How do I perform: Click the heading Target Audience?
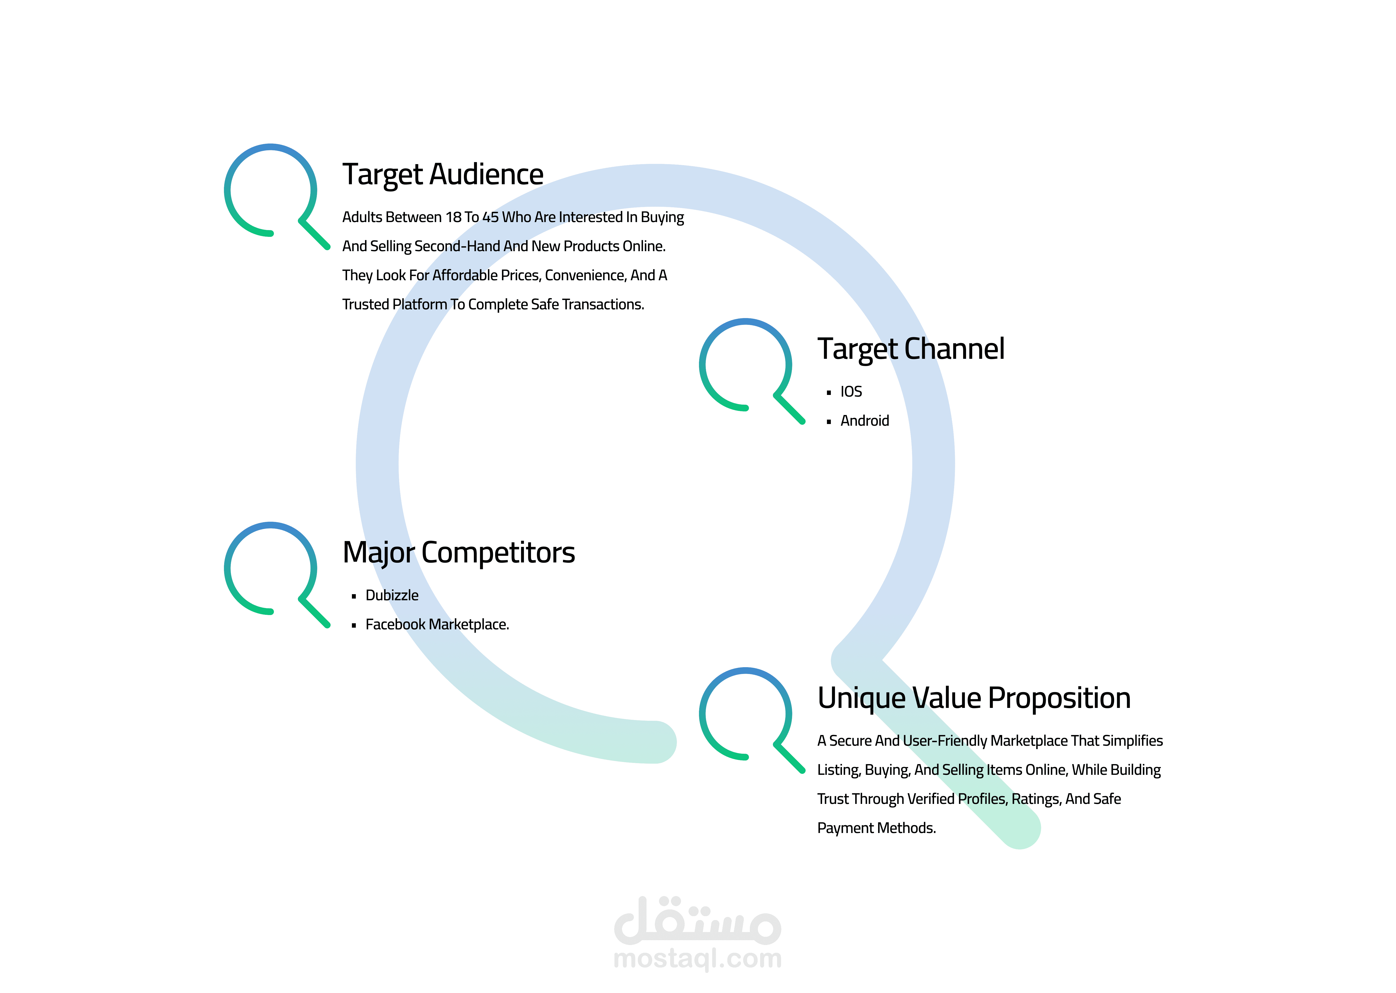tap(443, 175)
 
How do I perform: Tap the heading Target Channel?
tap(911, 349)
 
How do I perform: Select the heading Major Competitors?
tap(458, 553)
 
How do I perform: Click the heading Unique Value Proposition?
tap(974, 698)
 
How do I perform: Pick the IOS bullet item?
tap(851, 392)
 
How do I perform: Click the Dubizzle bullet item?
tap(392, 596)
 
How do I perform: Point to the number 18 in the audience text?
tap(453, 218)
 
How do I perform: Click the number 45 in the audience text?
tap(490, 218)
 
